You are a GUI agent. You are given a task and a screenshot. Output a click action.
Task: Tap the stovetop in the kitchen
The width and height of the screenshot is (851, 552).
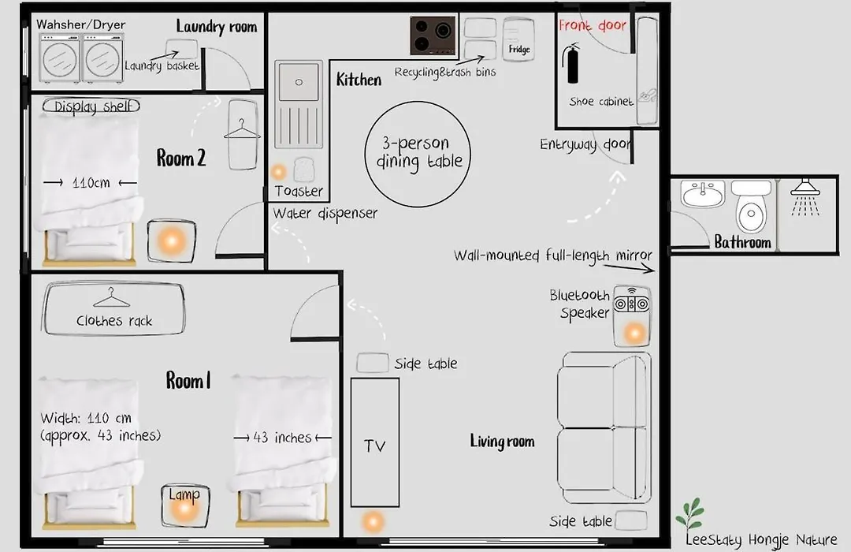433,35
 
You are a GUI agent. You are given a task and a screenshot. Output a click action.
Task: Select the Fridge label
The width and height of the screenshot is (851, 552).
518,49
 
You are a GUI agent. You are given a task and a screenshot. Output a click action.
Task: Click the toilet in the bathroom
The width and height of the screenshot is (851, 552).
751,207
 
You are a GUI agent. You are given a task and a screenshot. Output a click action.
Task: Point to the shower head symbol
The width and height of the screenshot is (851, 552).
805,196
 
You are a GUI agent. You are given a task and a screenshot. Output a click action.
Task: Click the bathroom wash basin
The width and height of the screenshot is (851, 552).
703,194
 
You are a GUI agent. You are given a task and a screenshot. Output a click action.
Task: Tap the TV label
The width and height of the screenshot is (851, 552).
375,446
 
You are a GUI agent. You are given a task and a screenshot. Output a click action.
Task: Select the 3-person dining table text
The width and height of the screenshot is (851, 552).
418,152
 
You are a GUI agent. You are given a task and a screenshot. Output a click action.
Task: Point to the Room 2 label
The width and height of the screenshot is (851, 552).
181,158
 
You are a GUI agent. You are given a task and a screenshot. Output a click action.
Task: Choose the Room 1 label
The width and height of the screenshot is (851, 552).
188,380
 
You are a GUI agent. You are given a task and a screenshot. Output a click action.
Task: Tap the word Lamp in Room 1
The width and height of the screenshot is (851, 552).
184,494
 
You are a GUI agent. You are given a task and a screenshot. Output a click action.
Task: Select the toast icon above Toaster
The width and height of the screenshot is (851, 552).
304,170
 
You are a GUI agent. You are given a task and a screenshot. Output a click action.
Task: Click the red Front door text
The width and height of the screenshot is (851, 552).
592,25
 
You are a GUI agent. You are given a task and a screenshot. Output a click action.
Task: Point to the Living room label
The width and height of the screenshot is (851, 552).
502,441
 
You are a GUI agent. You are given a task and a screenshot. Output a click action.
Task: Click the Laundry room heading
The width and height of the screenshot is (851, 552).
216,26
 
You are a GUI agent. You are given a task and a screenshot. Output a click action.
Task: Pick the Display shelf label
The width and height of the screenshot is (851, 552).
91,106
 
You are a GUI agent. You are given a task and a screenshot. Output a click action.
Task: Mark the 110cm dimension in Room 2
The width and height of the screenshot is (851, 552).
91,183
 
